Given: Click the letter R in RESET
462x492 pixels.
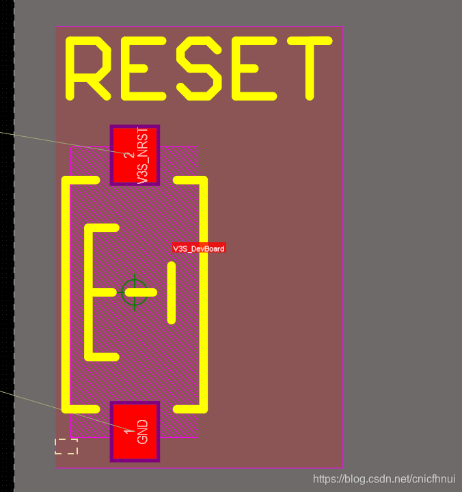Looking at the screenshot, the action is [x=87, y=67].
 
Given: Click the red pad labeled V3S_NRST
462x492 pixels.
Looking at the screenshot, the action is [x=135, y=155].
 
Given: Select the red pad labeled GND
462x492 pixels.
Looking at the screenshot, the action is [x=135, y=431].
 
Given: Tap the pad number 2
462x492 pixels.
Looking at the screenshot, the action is [x=128, y=155].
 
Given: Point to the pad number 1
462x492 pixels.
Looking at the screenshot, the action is [x=128, y=431].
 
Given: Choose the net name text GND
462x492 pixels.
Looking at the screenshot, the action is [x=142, y=432].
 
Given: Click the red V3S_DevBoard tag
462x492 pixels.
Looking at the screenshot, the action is [x=198, y=248].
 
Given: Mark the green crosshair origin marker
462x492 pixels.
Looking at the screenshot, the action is [x=135, y=292].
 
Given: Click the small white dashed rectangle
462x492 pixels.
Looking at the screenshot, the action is [x=66, y=446].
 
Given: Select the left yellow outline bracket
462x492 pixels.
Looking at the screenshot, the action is [x=66, y=294].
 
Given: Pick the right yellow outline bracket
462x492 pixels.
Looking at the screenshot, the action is [x=203, y=294].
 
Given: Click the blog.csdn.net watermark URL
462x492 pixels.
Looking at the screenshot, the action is [x=384, y=480].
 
